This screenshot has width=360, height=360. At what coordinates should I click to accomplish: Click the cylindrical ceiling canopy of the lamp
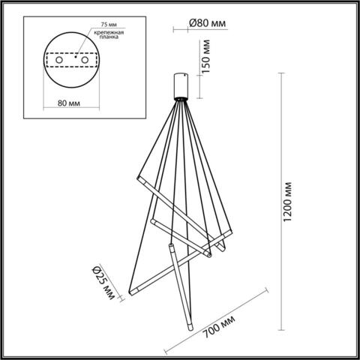pyautogui.click(x=181, y=86)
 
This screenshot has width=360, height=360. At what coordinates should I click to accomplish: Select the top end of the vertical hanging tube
pyautogui.click(x=173, y=246)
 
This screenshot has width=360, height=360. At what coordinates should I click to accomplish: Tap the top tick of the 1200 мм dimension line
pyautogui.click(x=280, y=72)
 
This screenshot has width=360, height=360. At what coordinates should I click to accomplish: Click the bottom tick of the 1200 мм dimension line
pyautogui.click(x=280, y=331)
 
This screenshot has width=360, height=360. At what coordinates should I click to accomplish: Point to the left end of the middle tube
pyautogui.click(x=151, y=223)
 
